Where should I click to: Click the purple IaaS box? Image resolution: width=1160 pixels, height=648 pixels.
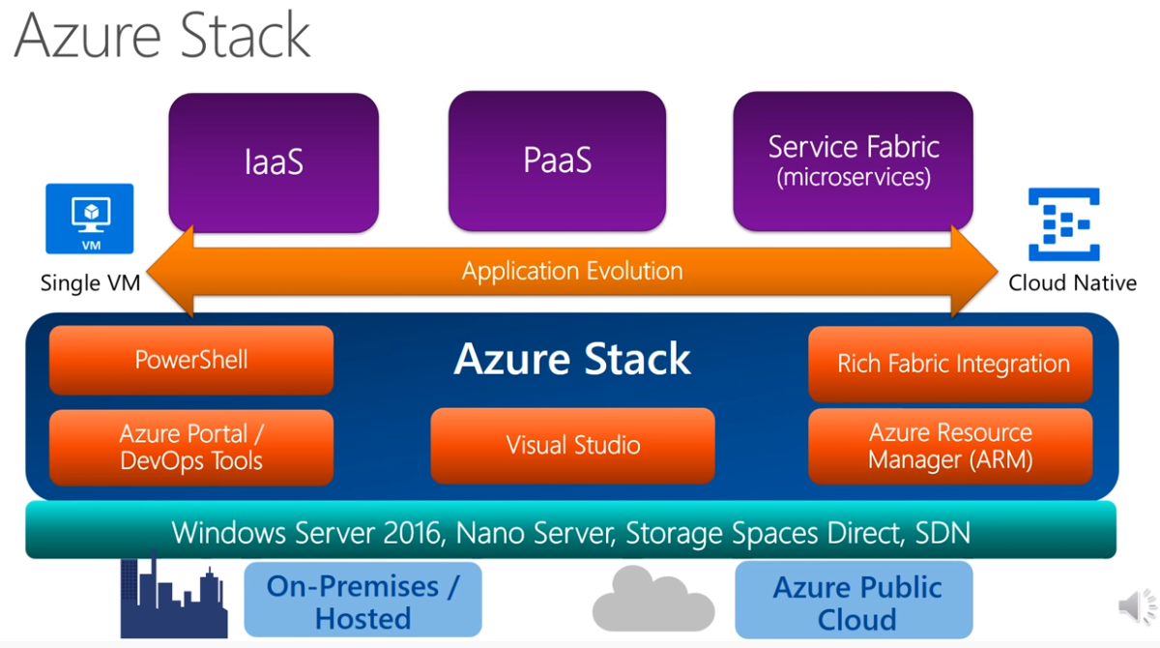[274, 162]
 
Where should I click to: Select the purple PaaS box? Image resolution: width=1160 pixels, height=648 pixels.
[557, 160]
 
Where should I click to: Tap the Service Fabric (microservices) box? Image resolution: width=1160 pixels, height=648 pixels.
[853, 162]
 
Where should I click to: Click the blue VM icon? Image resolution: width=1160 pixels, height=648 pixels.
[90, 218]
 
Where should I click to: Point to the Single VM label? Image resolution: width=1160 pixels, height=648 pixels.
[90, 283]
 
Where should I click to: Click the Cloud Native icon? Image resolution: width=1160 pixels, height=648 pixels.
[1063, 225]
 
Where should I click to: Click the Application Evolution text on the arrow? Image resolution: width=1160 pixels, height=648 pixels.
[572, 271]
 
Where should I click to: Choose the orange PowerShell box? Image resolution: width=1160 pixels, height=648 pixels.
[191, 360]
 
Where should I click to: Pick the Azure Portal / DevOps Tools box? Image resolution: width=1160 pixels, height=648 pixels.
[191, 447]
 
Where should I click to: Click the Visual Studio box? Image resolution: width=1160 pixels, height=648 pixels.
[572, 445]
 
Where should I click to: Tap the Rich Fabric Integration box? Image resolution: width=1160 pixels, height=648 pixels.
[952, 364]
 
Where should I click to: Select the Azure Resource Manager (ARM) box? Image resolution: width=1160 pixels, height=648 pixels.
[950, 446]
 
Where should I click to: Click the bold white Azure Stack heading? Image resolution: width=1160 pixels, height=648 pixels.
[572, 360]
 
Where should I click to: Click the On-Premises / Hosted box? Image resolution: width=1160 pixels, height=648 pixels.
[362, 602]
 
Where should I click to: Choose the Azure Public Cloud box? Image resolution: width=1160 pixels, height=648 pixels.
[856, 602]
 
